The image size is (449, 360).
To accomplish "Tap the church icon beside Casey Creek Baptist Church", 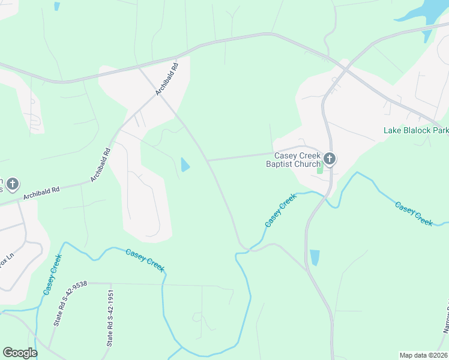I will (x=329, y=159).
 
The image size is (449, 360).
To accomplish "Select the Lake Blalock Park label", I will (x=416, y=130).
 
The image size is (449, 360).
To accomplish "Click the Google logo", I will (x=20, y=353).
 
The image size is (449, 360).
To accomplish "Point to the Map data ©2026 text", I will (x=424, y=355).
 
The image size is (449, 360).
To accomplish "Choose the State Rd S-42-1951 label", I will (x=110, y=318).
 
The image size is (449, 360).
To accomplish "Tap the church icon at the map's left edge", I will (x=13, y=184).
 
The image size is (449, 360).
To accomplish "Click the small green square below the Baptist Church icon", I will (x=320, y=170).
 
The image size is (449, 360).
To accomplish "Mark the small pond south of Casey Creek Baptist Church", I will (x=315, y=257).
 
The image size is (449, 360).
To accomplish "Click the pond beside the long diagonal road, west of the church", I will (x=185, y=164).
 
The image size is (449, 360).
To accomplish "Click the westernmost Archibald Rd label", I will (x=41, y=193).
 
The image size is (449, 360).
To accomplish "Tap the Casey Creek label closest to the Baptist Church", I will (x=280, y=210).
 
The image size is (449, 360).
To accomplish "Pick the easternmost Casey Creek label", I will (x=414, y=214).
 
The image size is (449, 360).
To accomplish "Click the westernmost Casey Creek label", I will (x=52, y=274).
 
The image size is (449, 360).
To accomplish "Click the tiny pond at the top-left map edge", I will (x=57, y=6).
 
